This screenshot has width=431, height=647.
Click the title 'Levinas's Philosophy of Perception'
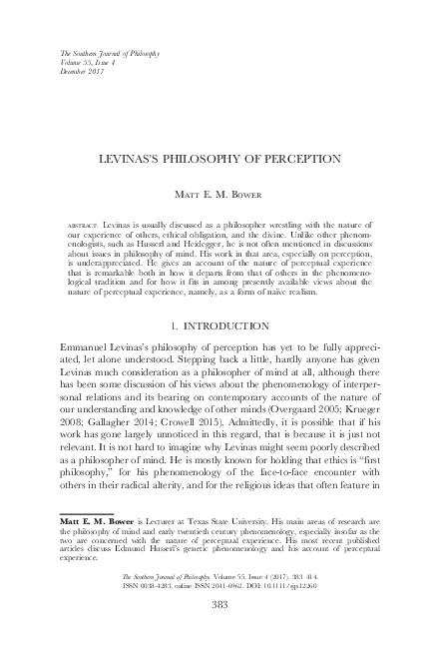[x=215, y=158]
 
